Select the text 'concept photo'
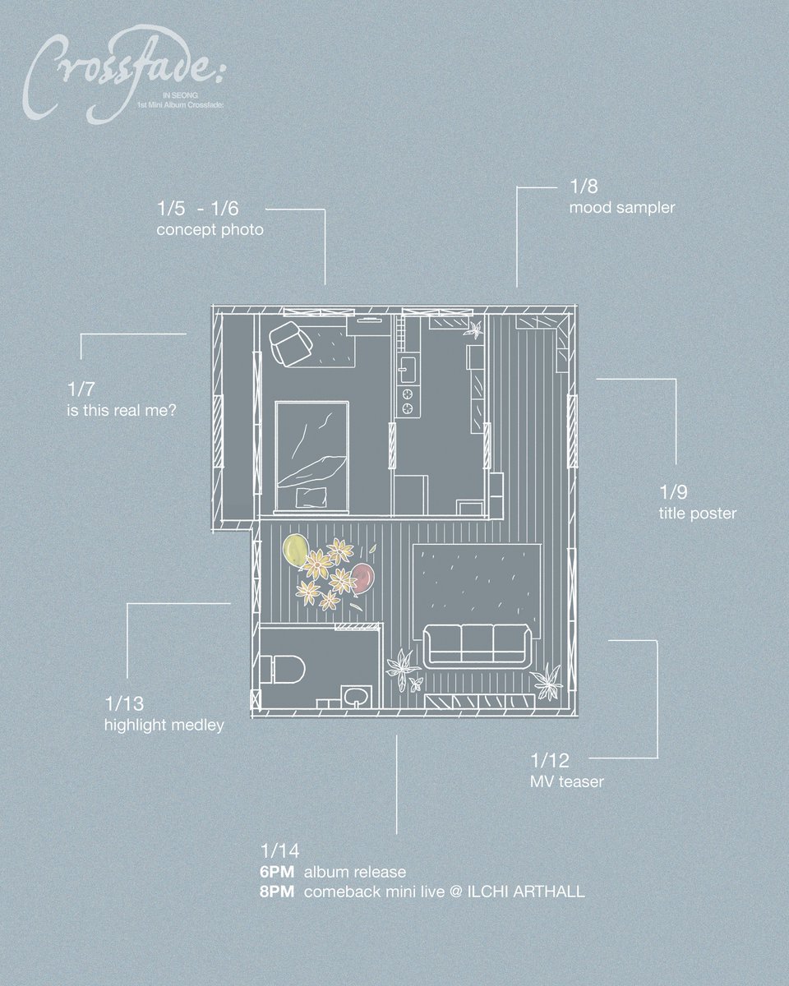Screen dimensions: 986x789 pyautogui.click(x=210, y=230)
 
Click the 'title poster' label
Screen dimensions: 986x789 pyautogui.click(x=697, y=514)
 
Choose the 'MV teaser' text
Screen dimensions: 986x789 pyautogui.click(x=567, y=781)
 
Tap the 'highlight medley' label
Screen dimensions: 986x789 pyautogui.click(x=164, y=726)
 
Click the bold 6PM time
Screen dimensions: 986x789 pyautogui.click(x=277, y=871)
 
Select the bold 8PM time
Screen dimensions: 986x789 pyautogui.click(x=277, y=892)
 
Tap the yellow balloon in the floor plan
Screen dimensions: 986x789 pyautogui.click(x=294, y=548)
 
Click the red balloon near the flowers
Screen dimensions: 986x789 pyautogui.click(x=363, y=578)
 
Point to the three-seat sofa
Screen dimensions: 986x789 pyautogui.click(x=476, y=643)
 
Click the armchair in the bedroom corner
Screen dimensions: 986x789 pyautogui.click(x=288, y=342)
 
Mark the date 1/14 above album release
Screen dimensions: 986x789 pyautogui.click(x=274, y=851)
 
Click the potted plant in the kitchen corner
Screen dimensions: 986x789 pyautogui.click(x=474, y=330)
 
